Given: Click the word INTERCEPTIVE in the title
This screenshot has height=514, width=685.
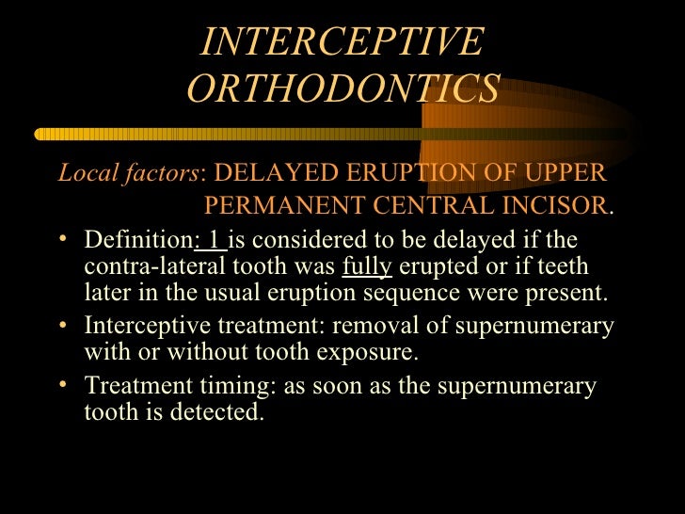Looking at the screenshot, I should point(342,42).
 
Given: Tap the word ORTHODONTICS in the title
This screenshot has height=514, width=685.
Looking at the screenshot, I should point(343,88).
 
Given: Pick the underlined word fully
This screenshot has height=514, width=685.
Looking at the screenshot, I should point(366,265).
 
